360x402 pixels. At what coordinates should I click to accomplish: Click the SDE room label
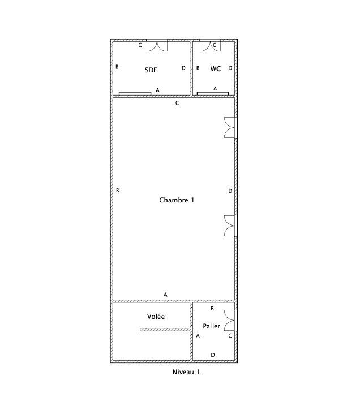151,70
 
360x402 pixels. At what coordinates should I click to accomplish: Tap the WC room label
216,69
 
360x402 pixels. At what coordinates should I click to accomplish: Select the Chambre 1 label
177,200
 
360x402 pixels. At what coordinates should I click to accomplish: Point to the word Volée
156,317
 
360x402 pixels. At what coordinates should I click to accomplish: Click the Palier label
212,326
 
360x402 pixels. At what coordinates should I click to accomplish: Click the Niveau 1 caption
186,372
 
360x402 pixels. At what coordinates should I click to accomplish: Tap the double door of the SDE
157,46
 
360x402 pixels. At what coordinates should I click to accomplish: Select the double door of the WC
210,46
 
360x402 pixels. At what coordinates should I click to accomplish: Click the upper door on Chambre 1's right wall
230,128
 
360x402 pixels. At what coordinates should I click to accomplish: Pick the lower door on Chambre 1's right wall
230,226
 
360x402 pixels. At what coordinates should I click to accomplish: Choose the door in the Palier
230,320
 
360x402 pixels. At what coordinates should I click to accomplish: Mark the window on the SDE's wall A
135,94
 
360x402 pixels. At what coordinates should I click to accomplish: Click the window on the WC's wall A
213,94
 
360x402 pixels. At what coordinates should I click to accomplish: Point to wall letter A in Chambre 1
165,295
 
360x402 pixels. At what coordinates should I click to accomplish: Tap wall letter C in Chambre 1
177,103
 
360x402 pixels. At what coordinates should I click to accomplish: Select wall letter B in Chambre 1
118,191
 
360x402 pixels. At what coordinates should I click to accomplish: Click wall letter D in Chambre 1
230,191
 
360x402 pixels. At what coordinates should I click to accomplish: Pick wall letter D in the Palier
213,355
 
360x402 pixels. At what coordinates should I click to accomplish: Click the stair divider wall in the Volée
165,330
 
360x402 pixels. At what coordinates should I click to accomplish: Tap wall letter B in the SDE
117,67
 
